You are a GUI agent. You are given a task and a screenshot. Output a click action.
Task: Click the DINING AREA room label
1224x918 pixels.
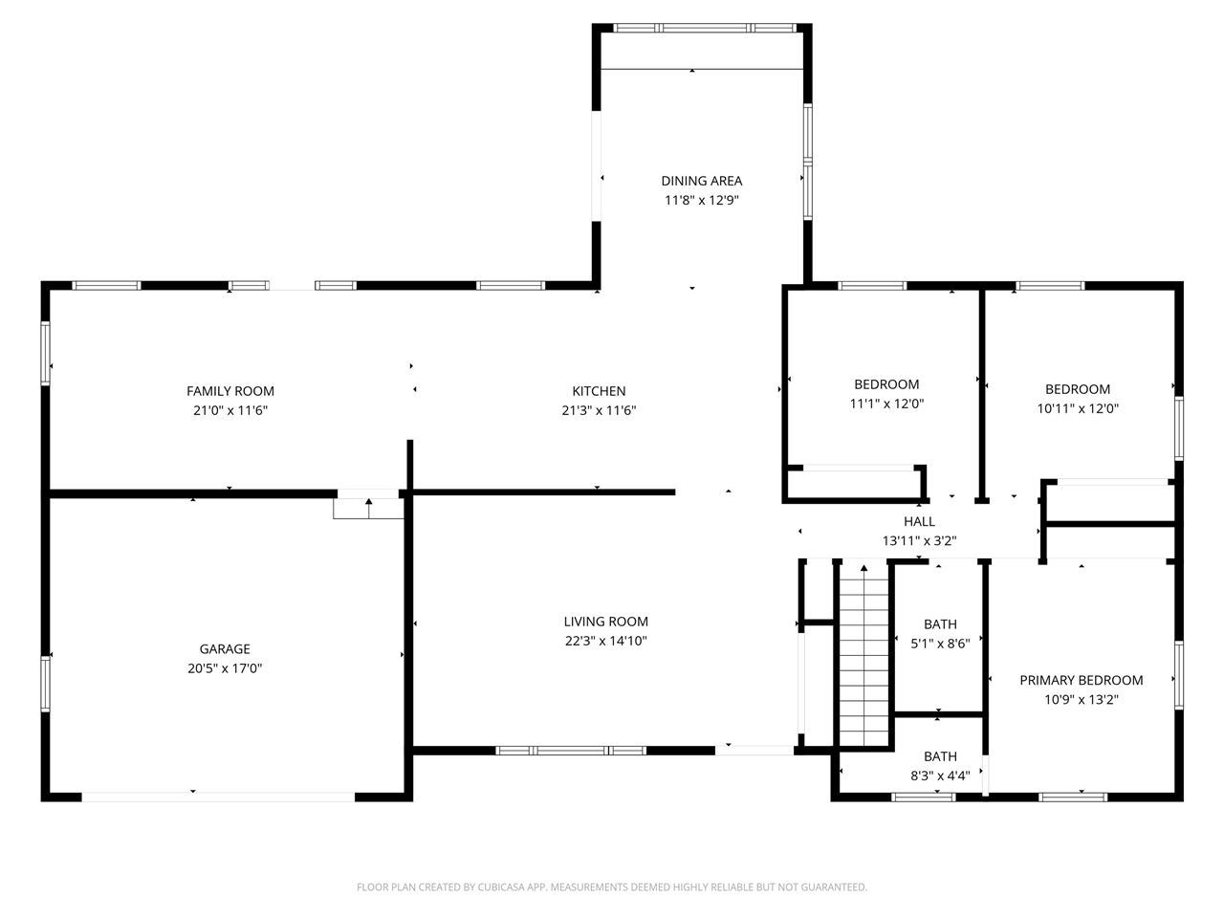pyautogui.click(x=701, y=181)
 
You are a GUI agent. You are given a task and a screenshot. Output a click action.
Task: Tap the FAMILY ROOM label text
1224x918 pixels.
pyautogui.click(x=230, y=391)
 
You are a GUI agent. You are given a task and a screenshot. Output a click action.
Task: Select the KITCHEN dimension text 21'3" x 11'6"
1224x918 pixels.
pyautogui.click(x=599, y=410)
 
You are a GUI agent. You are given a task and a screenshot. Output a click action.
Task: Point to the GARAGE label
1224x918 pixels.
pyautogui.click(x=225, y=648)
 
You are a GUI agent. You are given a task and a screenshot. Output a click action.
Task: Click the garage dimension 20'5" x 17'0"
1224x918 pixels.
pyautogui.click(x=225, y=667)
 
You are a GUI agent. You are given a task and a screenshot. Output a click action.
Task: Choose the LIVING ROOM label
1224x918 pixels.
pyautogui.click(x=605, y=621)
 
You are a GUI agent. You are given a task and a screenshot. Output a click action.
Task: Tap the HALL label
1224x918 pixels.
pyautogui.click(x=919, y=521)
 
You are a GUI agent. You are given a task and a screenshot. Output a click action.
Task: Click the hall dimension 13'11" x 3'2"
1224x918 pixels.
pyautogui.click(x=919, y=540)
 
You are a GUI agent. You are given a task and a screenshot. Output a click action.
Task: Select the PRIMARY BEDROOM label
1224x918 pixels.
pyautogui.click(x=1081, y=680)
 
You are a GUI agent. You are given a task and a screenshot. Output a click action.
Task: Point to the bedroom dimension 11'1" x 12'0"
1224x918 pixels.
pyautogui.click(x=886, y=403)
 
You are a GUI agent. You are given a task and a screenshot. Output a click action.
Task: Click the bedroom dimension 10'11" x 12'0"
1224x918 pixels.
pyautogui.click(x=1078, y=408)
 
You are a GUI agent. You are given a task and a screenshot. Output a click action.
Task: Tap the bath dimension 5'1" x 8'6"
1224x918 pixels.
pyautogui.click(x=940, y=644)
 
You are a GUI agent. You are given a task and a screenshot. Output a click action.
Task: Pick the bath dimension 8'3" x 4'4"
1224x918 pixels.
pyautogui.click(x=940, y=776)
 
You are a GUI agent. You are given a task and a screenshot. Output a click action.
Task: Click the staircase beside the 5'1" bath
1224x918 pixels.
pyautogui.click(x=863, y=657)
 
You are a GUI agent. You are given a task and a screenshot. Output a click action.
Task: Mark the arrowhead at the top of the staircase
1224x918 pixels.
pyautogui.click(x=863, y=568)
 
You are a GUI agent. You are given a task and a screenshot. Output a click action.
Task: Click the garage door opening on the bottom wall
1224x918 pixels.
pyautogui.click(x=218, y=798)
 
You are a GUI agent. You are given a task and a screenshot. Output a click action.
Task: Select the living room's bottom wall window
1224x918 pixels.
pyautogui.click(x=571, y=751)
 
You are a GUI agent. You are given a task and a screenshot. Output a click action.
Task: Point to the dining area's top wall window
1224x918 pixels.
pyautogui.click(x=705, y=28)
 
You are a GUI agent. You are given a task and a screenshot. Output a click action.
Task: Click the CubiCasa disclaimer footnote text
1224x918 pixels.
pyautogui.click(x=612, y=886)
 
